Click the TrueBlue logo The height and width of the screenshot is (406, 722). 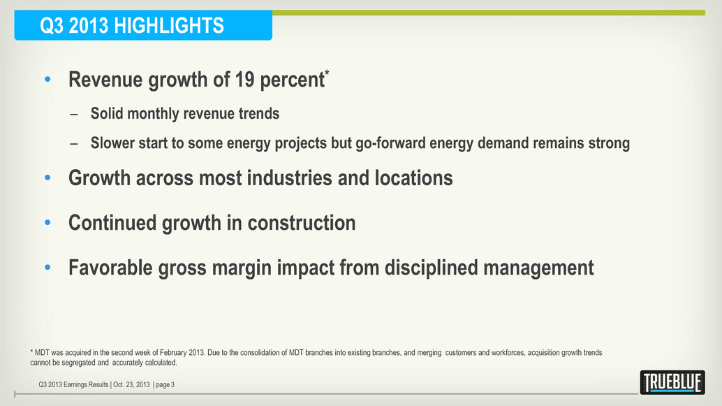tap(672, 382)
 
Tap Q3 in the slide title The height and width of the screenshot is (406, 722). tap(52, 26)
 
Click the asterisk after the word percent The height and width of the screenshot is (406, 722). tap(327, 73)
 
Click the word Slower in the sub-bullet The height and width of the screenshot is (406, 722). tap(115, 143)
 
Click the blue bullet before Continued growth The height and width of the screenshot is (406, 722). tap(47, 224)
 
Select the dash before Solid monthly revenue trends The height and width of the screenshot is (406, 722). tap(74, 114)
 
